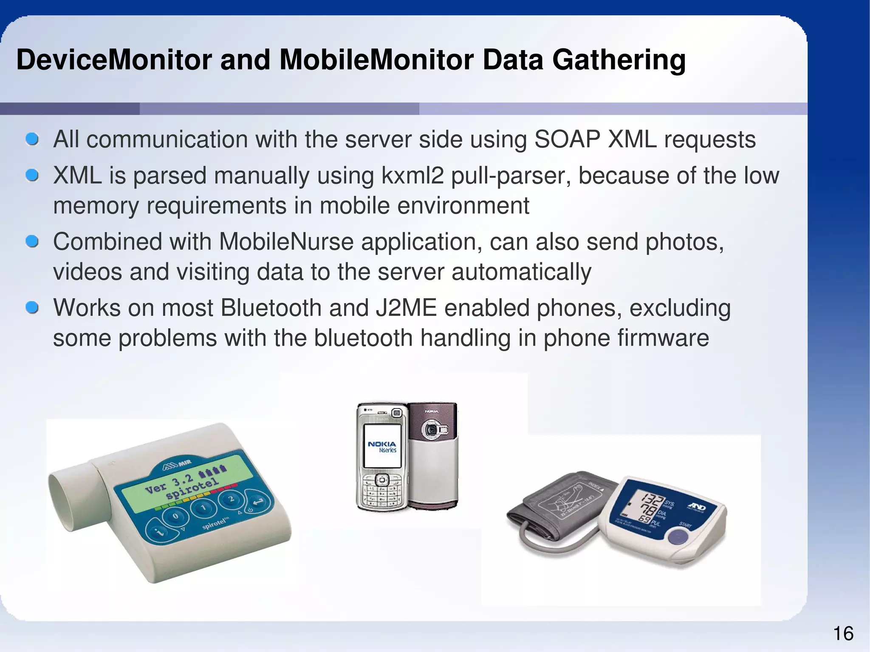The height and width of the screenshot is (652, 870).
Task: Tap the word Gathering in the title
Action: coord(619,60)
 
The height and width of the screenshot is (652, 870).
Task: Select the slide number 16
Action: coord(843,634)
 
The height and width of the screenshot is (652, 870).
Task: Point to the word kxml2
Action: coord(412,175)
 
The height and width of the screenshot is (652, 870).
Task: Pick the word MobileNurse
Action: coord(286,242)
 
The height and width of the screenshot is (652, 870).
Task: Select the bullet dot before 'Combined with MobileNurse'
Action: coord(32,242)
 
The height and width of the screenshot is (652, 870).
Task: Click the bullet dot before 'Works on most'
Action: coord(32,308)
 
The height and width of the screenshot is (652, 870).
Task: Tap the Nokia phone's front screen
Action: coord(382,446)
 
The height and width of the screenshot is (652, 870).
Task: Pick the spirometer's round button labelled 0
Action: coord(175,517)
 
